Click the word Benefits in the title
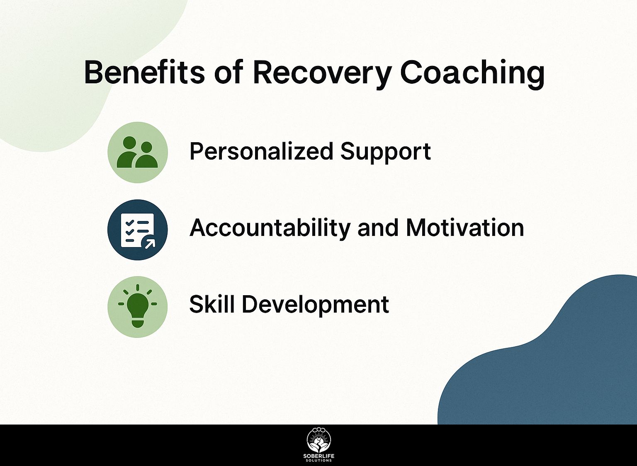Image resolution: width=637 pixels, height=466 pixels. (x=144, y=72)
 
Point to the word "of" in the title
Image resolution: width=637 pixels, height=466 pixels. (x=229, y=72)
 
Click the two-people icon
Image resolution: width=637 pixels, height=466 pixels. (x=137, y=153)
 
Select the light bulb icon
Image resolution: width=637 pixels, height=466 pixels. (x=138, y=306)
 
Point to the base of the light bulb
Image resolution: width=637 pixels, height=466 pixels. (x=138, y=323)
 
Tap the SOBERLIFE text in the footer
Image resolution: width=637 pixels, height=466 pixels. (x=319, y=456)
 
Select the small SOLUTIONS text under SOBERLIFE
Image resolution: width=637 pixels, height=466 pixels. (x=319, y=461)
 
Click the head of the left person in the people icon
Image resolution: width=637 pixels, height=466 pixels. (x=130, y=143)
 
